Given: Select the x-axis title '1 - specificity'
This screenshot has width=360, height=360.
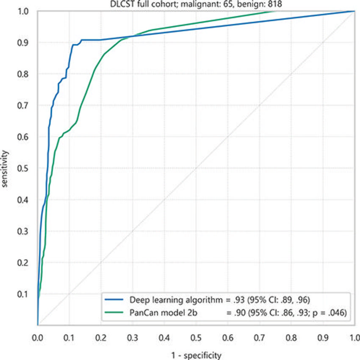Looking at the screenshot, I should pos(196,355).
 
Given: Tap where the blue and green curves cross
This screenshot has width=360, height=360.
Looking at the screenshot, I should pos(130,36).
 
